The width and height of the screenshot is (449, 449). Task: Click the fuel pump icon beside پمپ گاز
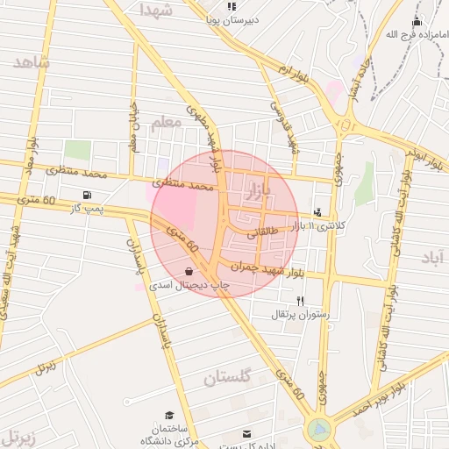pyautogui.click(x=86, y=195)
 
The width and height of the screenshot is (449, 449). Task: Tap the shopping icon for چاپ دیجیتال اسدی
pyautogui.click(x=190, y=272)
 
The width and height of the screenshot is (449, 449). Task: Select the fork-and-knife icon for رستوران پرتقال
pyautogui.click(x=300, y=300)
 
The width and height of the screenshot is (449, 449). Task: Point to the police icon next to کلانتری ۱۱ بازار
pyautogui.click(x=317, y=212)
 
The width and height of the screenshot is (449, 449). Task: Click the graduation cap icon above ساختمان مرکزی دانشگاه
pyautogui.click(x=169, y=415)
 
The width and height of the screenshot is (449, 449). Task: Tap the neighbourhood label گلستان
pyautogui.click(x=227, y=378)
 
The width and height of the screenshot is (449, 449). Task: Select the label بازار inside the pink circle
pyautogui.click(x=280, y=189)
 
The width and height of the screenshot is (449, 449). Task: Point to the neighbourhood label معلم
pyautogui.click(x=166, y=123)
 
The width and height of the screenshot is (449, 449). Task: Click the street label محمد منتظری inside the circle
pyautogui.click(x=183, y=185)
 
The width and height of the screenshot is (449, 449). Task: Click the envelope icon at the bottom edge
pyautogui.click(x=246, y=433)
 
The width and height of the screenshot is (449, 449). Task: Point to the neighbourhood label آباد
pyautogui.click(x=432, y=257)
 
